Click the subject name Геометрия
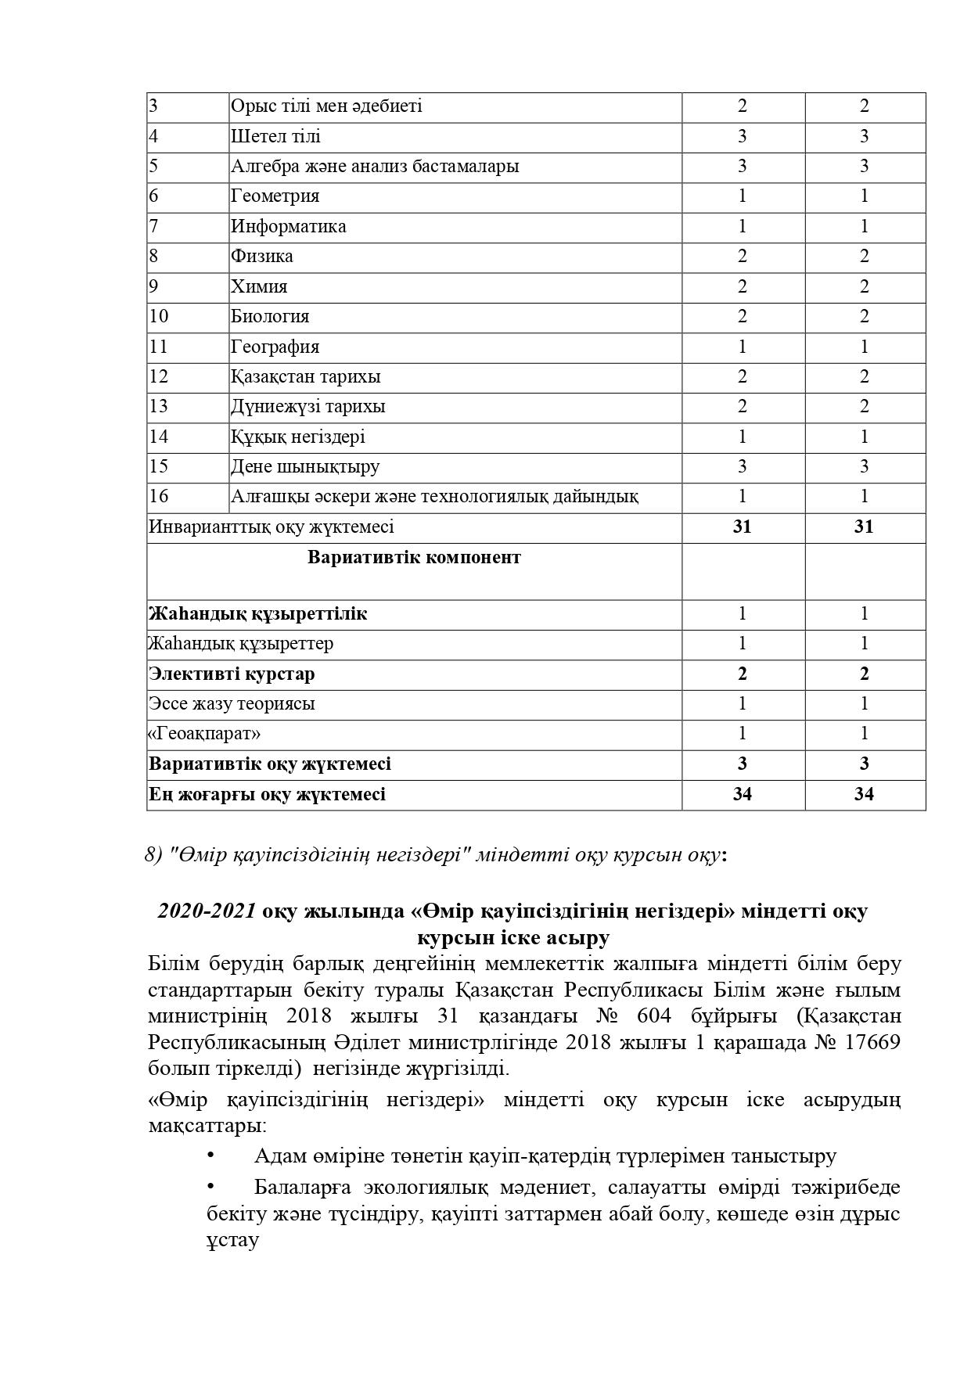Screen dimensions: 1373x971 pyautogui.click(x=275, y=196)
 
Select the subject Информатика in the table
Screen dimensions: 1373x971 pyautogui.click(x=288, y=227)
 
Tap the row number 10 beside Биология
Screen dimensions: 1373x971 pyautogui.click(x=159, y=317)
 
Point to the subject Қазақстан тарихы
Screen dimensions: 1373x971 pyautogui.click(x=305, y=377)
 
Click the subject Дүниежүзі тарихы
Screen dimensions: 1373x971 pyautogui.click(x=307, y=407)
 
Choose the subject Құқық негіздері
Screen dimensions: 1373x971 pyautogui.click(x=297, y=437)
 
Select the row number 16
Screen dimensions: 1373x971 pyautogui.click(x=159, y=497)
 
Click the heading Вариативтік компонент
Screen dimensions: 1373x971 pyautogui.click(x=414, y=558)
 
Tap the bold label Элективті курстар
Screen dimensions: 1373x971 pyautogui.click(x=232, y=674)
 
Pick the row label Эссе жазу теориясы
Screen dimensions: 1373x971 pyautogui.click(x=232, y=704)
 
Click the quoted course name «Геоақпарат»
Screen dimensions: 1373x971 pyautogui.click(x=204, y=734)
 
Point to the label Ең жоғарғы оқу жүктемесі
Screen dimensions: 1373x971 pyautogui.click(x=267, y=795)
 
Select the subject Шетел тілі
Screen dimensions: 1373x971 pyautogui.click(x=275, y=137)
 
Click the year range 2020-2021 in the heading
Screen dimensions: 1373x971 pyautogui.click(x=207, y=911)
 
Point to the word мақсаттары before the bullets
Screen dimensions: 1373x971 pyautogui.click(x=206, y=1127)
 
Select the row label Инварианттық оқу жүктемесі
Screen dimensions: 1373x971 pyautogui.click(x=271, y=527)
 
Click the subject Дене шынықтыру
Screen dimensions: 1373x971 pyautogui.click(x=304, y=467)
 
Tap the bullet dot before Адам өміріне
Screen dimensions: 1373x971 pyautogui.click(x=210, y=1155)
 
